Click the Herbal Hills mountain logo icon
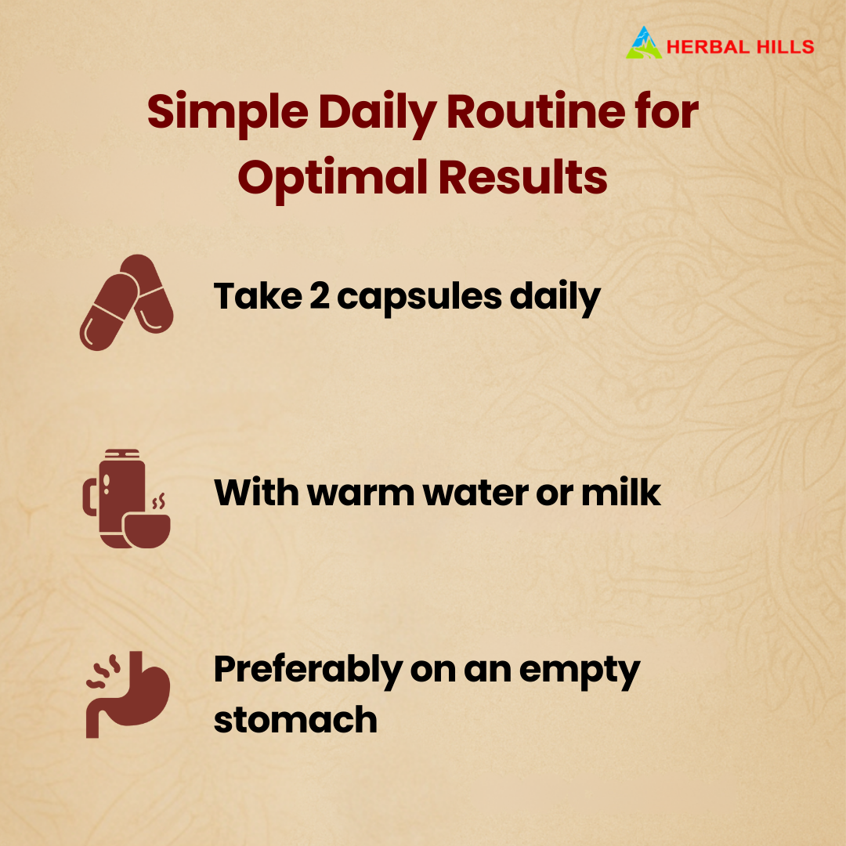point(644,42)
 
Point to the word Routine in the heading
point(536,111)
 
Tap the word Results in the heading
point(522,176)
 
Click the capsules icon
point(127,302)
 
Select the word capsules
point(419,298)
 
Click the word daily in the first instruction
point(555,298)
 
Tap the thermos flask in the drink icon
point(115,498)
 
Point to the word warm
point(360,493)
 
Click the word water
point(475,493)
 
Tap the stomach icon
point(128,694)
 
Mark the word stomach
point(295,720)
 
